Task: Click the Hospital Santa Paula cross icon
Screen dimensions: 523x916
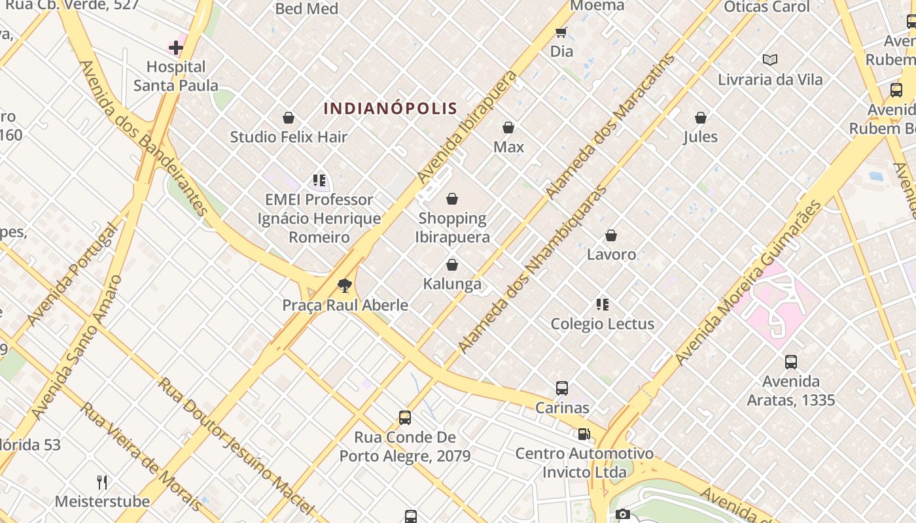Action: (176, 48)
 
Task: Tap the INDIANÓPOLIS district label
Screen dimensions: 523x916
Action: (390, 108)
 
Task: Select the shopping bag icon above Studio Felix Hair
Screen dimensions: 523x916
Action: (289, 118)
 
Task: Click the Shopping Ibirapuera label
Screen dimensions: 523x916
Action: (452, 228)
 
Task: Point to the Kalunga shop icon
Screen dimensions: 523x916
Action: (451, 265)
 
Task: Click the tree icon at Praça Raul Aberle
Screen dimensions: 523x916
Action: (344, 286)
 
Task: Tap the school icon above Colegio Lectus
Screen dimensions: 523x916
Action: (603, 305)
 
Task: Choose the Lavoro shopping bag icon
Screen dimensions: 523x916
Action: (611, 235)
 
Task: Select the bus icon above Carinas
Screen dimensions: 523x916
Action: (562, 388)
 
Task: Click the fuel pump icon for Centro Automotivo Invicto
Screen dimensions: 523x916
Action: (584, 434)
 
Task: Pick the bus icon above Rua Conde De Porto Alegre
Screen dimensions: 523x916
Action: (405, 418)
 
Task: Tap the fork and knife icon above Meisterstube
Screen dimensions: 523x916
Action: (102, 482)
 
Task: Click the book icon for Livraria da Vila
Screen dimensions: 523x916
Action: (770, 60)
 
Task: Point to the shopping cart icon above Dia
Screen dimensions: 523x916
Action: (561, 32)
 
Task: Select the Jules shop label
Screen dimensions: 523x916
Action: (701, 137)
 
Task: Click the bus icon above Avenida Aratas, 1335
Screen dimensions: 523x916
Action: (791, 362)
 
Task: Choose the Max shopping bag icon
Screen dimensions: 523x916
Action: (508, 127)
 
